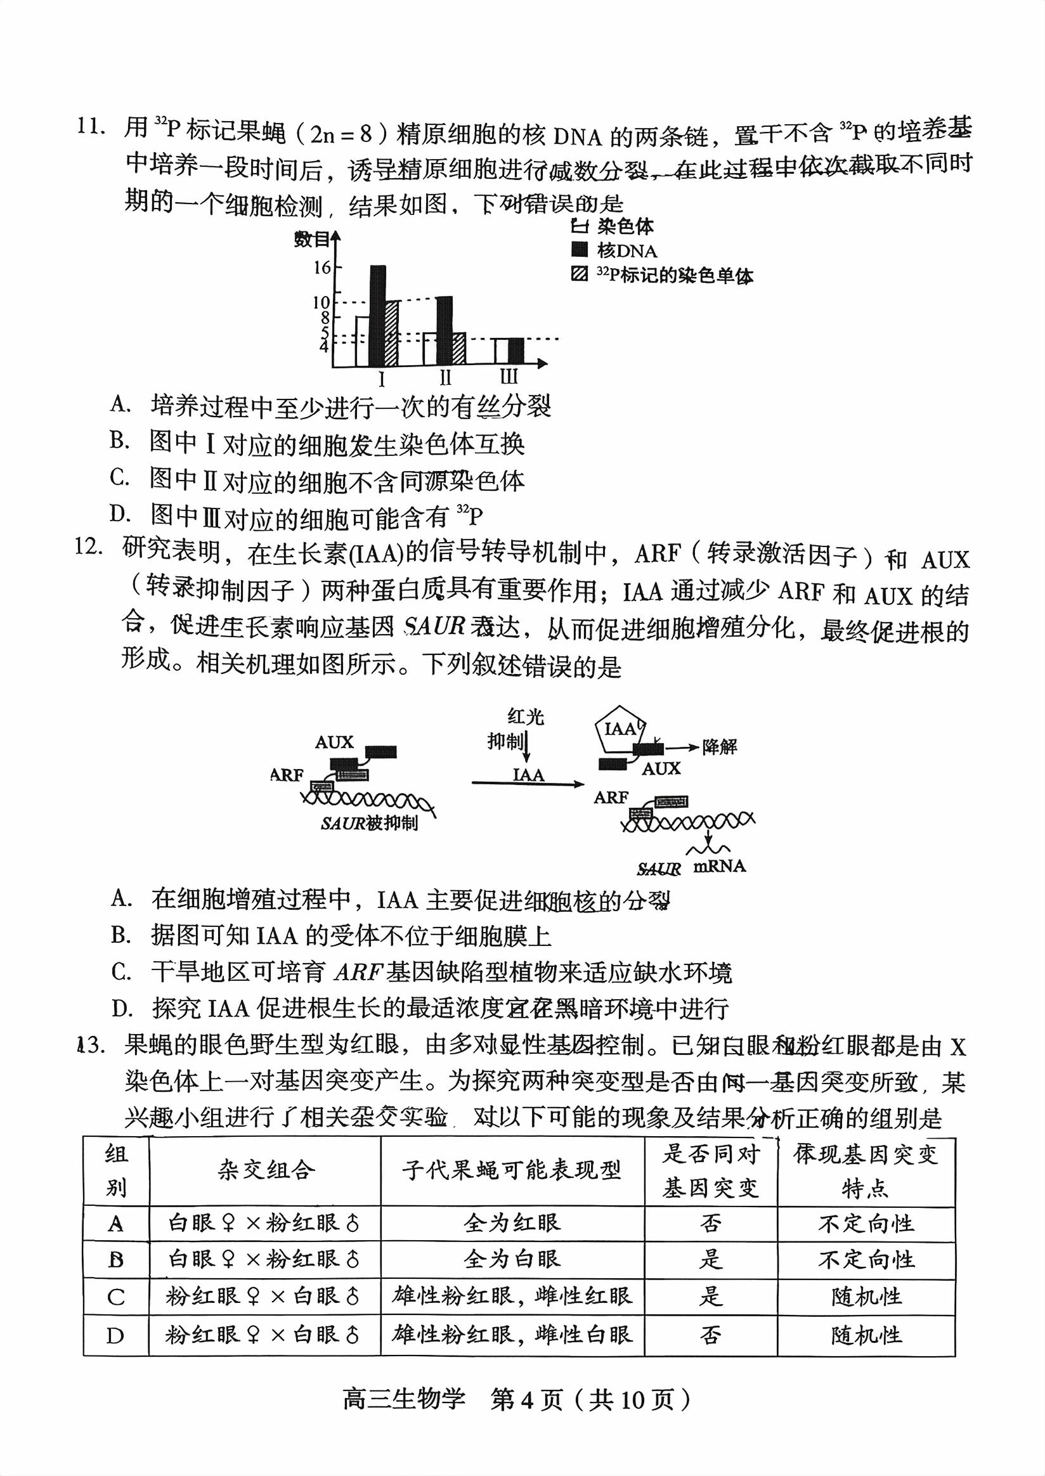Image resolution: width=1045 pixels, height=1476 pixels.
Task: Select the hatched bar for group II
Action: point(459,349)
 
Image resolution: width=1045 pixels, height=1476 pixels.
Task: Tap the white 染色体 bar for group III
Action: point(502,351)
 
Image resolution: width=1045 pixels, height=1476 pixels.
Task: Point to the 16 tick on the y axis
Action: point(321,267)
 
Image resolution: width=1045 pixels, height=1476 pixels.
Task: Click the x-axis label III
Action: point(509,377)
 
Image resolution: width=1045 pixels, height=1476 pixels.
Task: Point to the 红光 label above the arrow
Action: point(526,716)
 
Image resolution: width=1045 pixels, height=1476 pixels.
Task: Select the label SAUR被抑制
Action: point(369,823)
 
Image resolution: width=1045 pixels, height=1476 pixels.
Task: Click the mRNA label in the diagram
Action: point(720,866)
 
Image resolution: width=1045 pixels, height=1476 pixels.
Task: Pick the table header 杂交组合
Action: point(266,1170)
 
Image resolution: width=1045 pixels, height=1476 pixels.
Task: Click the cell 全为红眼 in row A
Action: point(512,1222)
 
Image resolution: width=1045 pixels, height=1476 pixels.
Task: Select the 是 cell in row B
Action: point(710,1259)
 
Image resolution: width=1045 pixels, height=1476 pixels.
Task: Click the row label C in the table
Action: point(116,1297)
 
